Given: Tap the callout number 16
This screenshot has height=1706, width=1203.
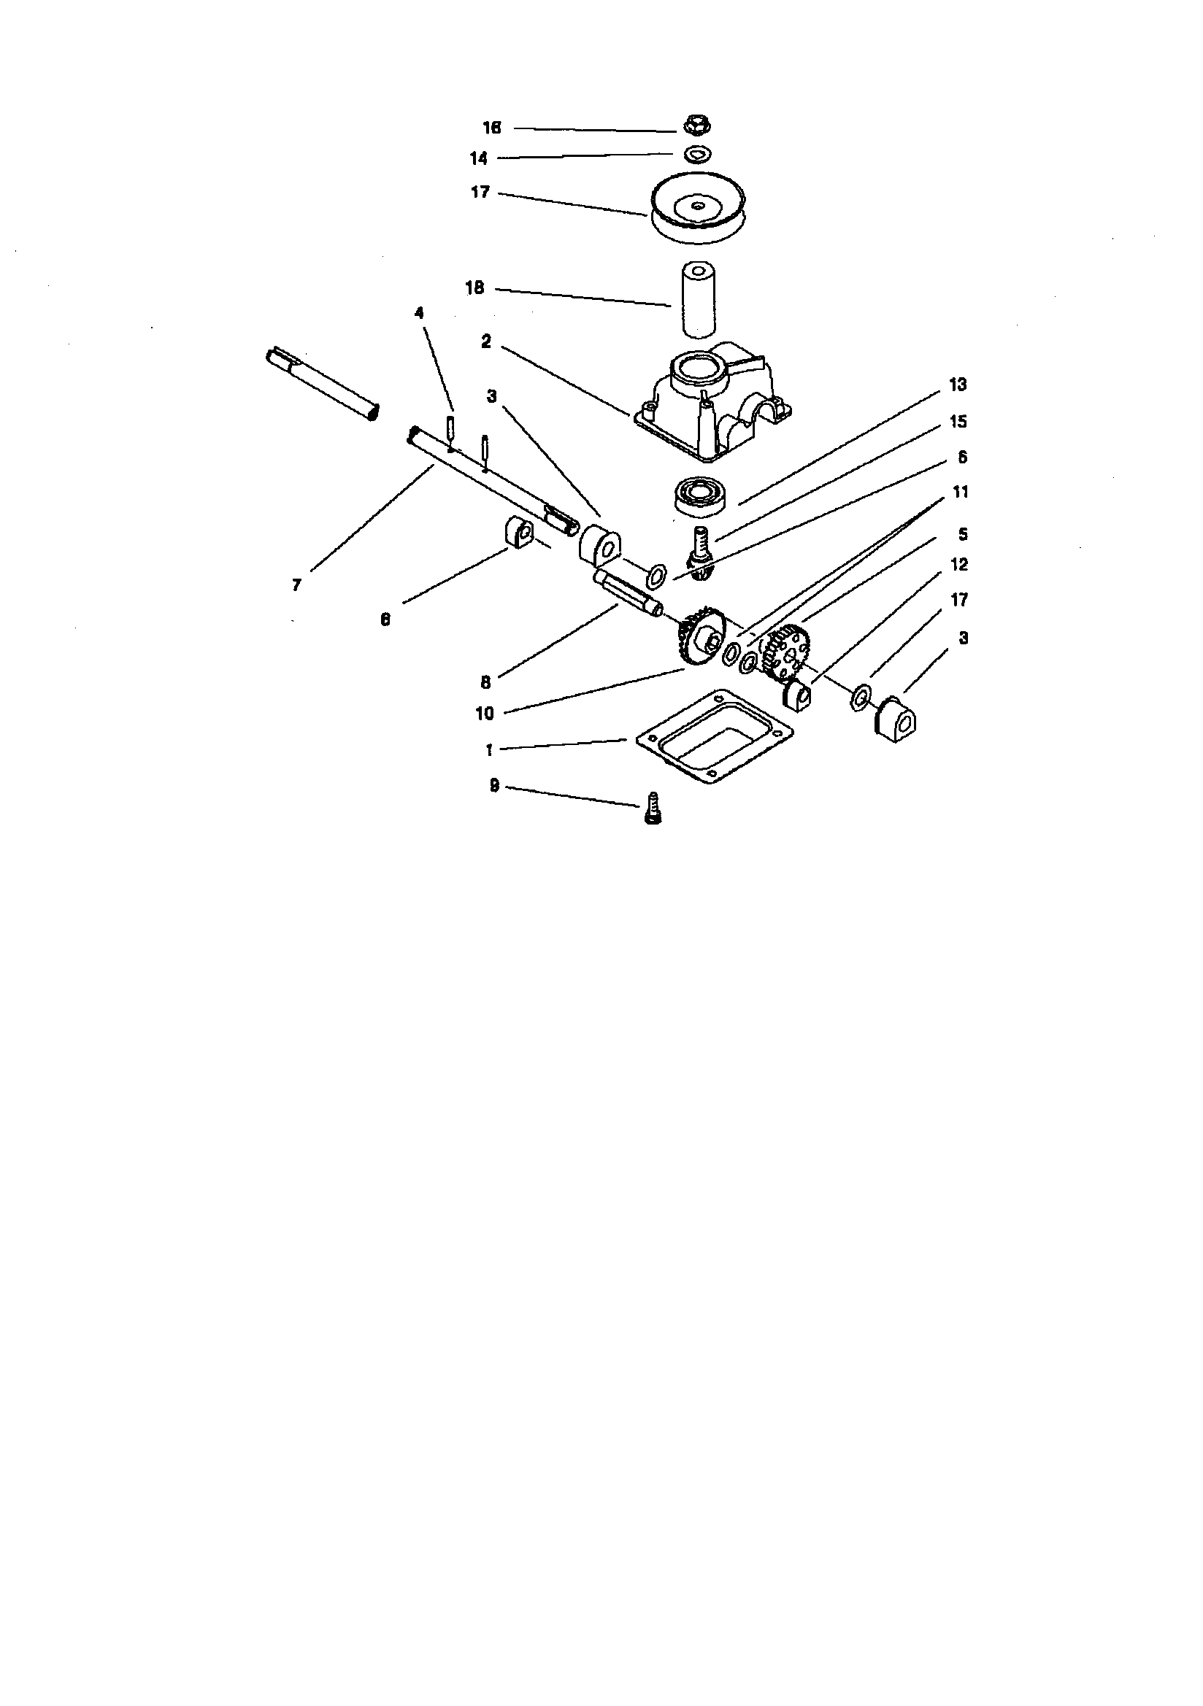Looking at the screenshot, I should point(491,128).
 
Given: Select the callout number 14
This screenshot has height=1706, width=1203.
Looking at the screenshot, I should point(479,158).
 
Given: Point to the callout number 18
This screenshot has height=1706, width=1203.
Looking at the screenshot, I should point(474,288).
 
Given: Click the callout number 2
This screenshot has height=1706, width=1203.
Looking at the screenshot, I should point(486,341).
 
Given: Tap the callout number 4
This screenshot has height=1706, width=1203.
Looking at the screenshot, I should point(419,313).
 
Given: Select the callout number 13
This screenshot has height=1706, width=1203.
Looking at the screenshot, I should point(958,385).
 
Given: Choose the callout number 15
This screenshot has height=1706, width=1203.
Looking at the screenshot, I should point(958,422).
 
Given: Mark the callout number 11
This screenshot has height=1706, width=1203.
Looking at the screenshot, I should point(961,492).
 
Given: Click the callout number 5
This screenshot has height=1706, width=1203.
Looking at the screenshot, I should point(963,534).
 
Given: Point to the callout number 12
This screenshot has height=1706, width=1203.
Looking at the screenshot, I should point(960,565).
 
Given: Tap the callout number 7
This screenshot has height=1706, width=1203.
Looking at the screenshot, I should point(296,585).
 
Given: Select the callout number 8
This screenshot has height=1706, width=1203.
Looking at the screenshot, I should point(485,682).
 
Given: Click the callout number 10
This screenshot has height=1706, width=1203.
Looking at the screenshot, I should point(484,714).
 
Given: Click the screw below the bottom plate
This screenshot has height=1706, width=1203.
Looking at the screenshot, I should point(651,807).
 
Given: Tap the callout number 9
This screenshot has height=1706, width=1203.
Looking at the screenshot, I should point(494,786).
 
